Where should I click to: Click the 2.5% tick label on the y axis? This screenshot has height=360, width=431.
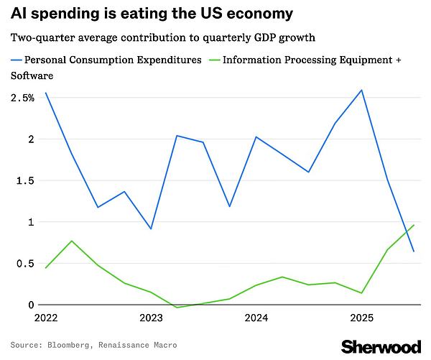22,98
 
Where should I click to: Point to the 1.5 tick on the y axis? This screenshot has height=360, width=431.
25,180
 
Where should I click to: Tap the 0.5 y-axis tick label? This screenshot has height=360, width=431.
25,264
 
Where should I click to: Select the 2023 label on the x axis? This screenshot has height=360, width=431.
151,318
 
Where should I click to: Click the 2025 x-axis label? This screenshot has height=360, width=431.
362,318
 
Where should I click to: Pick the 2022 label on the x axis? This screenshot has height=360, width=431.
46,318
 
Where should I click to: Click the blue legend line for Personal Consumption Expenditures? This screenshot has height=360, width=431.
17,60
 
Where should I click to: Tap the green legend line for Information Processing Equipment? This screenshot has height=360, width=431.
215,60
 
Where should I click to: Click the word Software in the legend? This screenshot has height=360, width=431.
32,75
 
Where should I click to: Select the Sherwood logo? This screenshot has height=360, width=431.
381,346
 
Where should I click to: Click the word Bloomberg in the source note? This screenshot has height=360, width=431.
68,345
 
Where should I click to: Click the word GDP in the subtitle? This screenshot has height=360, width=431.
264,37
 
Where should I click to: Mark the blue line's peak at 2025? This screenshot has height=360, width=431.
361,90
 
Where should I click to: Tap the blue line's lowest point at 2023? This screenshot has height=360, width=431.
151,229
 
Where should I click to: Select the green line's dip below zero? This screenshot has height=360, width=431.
177,308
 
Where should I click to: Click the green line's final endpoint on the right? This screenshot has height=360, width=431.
414,225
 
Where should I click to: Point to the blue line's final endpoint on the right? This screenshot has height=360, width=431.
414,251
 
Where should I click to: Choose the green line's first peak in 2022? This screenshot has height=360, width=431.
72,241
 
